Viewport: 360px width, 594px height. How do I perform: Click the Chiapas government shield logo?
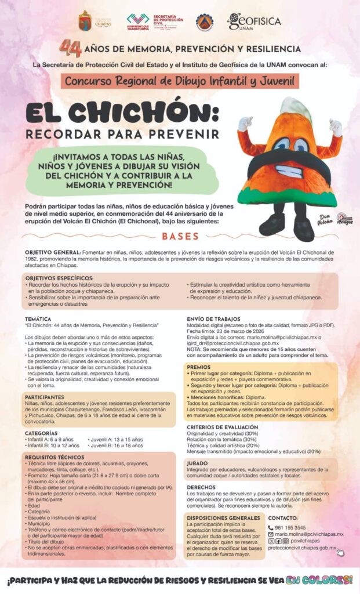(x=85, y=21)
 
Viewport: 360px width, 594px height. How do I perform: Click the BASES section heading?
(x=180, y=237)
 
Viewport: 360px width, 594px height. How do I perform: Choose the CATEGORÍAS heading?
(x=41, y=433)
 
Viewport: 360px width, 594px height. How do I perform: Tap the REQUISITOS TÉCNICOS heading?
(x=55, y=457)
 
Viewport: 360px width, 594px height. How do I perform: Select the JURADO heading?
(x=198, y=463)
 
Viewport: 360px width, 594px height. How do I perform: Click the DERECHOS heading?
(x=202, y=487)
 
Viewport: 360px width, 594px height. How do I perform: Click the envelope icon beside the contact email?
(x=271, y=534)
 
